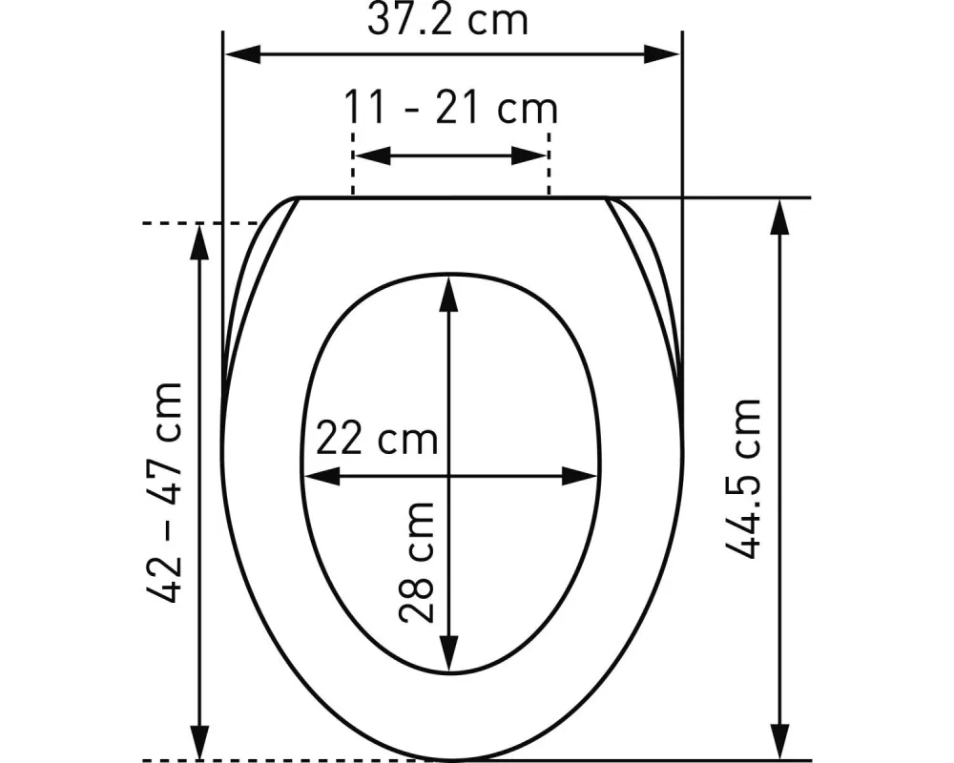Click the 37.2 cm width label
446,20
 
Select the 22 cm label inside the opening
376,441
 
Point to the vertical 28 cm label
419,562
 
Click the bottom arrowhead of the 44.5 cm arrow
781,743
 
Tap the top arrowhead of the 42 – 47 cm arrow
199,241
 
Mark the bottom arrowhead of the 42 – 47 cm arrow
199,743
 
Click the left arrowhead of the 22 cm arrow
321,475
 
